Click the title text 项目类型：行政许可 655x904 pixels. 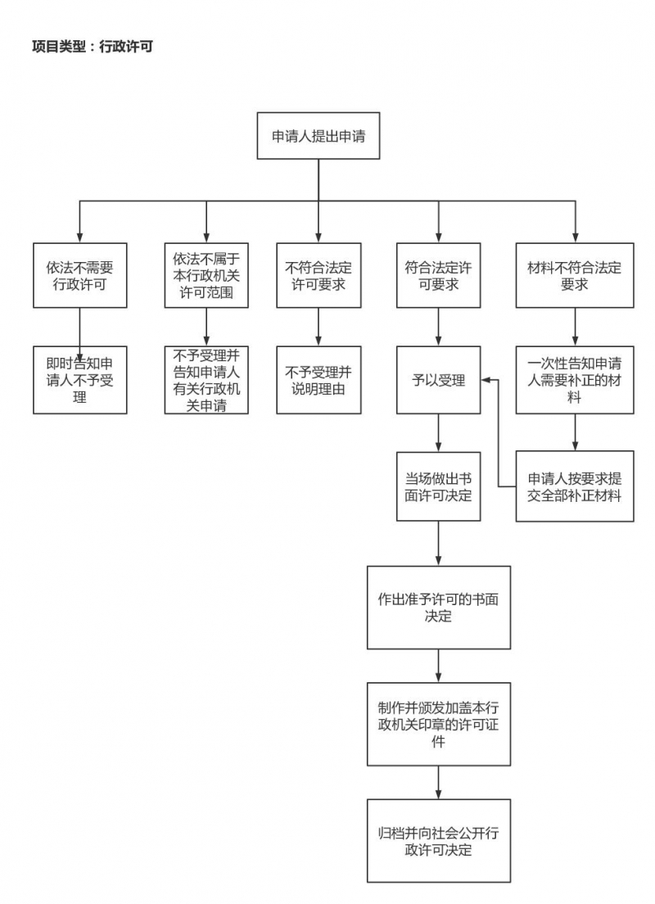(93, 47)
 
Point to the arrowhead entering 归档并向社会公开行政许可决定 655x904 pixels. (438, 794)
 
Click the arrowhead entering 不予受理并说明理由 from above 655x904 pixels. (318, 341)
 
